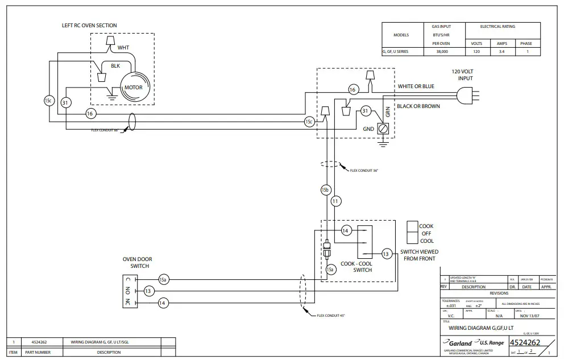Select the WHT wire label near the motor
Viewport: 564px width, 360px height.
coord(123,48)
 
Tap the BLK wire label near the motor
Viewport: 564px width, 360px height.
coord(115,66)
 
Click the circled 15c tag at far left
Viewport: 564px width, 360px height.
coord(48,101)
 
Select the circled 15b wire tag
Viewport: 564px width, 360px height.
coord(326,189)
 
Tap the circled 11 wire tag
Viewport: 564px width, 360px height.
coord(335,201)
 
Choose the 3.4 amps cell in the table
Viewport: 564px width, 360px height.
coord(502,52)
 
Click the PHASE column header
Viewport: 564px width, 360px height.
coord(526,43)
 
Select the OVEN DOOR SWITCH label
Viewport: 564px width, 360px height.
coord(136,262)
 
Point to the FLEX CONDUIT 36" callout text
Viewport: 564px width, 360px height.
coord(364,170)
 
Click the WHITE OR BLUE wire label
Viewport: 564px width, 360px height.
coord(416,86)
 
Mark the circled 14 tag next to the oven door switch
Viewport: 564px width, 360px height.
coord(163,303)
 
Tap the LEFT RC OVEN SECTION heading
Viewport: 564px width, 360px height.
coord(89,26)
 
